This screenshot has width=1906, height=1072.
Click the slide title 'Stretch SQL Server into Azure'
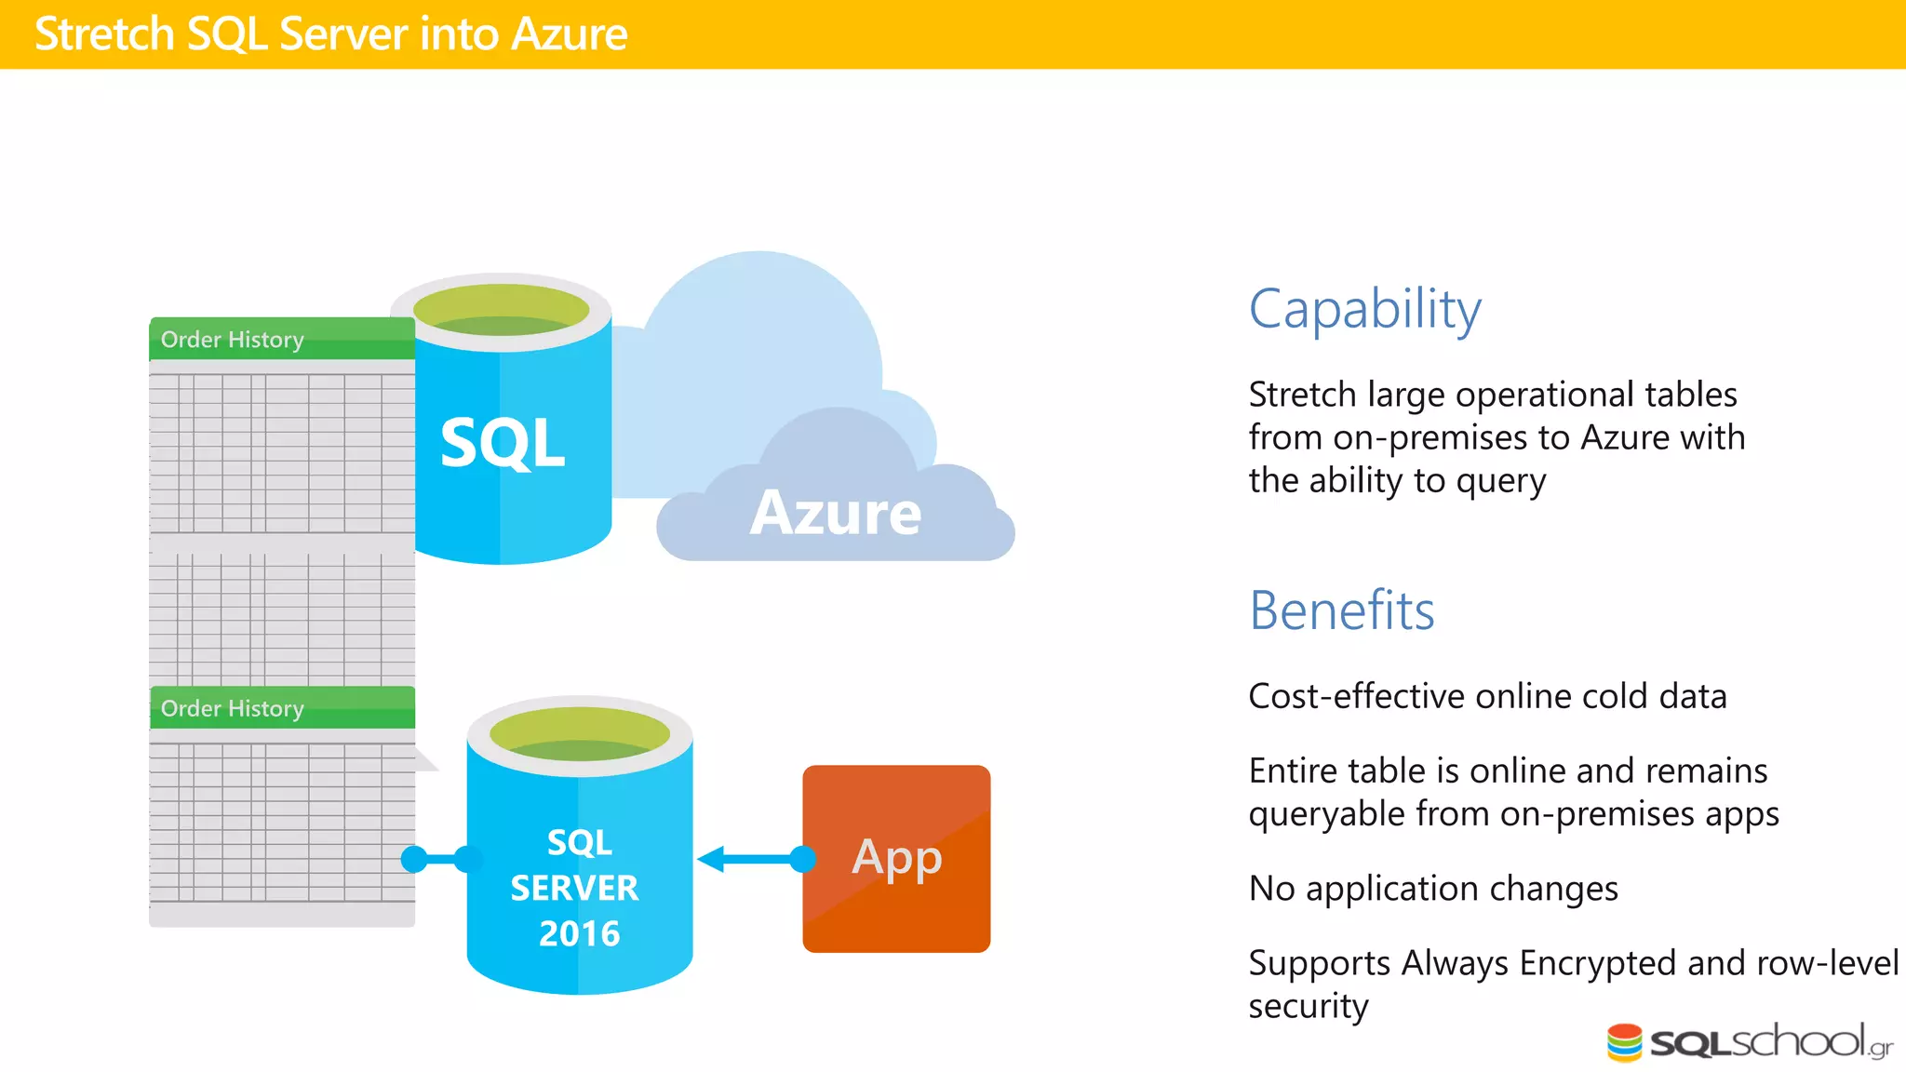pyautogui.click(x=330, y=34)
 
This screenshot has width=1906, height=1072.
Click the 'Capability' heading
pyautogui.click(x=1364, y=310)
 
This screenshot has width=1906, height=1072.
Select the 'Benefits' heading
pyautogui.click(x=1341, y=611)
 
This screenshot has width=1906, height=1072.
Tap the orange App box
pyautogui.click(x=896, y=858)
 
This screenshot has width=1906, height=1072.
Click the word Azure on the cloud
pyautogui.click(x=835, y=513)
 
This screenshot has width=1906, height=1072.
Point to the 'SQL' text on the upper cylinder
pyautogui.click(x=502, y=443)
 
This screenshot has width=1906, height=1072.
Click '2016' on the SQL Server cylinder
pyautogui.click(x=579, y=933)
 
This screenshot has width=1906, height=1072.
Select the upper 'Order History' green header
pyautogui.click(x=233, y=340)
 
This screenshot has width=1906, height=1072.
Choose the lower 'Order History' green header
pyautogui.click(x=233, y=708)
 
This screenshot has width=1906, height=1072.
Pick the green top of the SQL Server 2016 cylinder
pyautogui.click(x=579, y=734)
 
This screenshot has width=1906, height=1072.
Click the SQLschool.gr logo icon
pyautogui.click(x=1624, y=1042)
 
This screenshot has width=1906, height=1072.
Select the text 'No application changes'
pyautogui.click(x=1433, y=889)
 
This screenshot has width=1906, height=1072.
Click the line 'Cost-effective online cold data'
pyautogui.click(x=1487, y=696)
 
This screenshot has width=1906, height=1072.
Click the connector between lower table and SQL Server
pyautogui.click(x=440, y=859)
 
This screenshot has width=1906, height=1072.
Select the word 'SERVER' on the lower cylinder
pyautogui.click(x=574, y=888)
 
